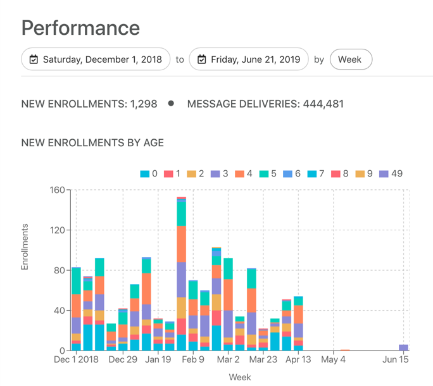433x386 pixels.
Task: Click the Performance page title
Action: point(80,28)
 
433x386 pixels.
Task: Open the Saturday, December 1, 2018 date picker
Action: point(96,59)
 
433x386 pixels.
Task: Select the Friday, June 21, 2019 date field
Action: point(249,59)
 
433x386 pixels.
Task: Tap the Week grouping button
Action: point(350,59)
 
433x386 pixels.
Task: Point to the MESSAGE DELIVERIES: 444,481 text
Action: point(265,104)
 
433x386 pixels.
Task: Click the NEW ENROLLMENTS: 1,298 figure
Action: point(89,104)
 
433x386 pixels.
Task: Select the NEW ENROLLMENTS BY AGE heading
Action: point(92,143)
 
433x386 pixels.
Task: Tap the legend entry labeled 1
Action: point(173,174)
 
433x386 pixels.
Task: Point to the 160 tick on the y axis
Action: point(58,190)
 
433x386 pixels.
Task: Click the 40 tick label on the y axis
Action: point(60,311)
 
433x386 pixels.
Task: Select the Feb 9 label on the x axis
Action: point(192,360)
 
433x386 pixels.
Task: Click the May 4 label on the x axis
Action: point(333,360)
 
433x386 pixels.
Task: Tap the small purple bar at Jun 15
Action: point(403,347)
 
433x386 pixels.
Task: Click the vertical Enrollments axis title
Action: point(25,247)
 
